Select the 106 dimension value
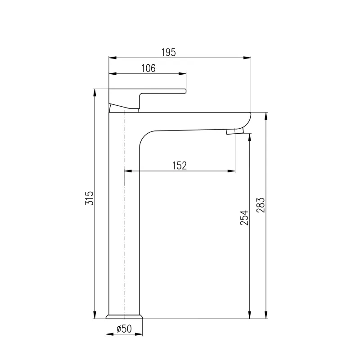pyautogui.click(x=148, y=68)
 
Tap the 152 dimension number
pyautogui.click(x=179, y=166)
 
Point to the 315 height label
pyautogui.click(x=90, y=198)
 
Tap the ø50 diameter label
pyautogui.click(x=124, y=329)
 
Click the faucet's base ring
pyautogui.click(x=125, y=316)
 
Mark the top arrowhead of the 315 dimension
pyautogui.click(x=95, y=91)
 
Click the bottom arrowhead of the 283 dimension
pyautogui.click(x=266, y=315)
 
